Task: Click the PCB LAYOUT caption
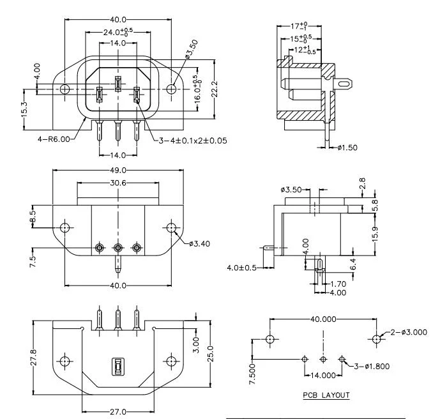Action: point(326,395)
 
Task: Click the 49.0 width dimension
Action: point(118,171)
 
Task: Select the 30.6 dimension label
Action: point(118,183)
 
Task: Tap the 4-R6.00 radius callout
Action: point(54,139)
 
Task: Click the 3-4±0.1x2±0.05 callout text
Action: point(193,141)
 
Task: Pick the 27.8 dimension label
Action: point(34,358)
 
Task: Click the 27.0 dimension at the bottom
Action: point(118,411)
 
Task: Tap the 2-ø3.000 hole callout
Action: point(409,332)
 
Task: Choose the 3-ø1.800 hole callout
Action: point(372,366)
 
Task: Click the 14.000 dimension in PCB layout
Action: point(323,375)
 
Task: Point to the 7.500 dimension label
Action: point(252,374)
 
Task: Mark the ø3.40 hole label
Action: point(199,243)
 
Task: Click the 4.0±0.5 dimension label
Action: point(242,268)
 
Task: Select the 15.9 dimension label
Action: point(375,234)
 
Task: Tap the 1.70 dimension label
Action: point(338,284)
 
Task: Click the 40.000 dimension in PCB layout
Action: point(323,319)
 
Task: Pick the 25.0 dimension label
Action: point(210,354)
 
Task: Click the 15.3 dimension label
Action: point(24,109)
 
